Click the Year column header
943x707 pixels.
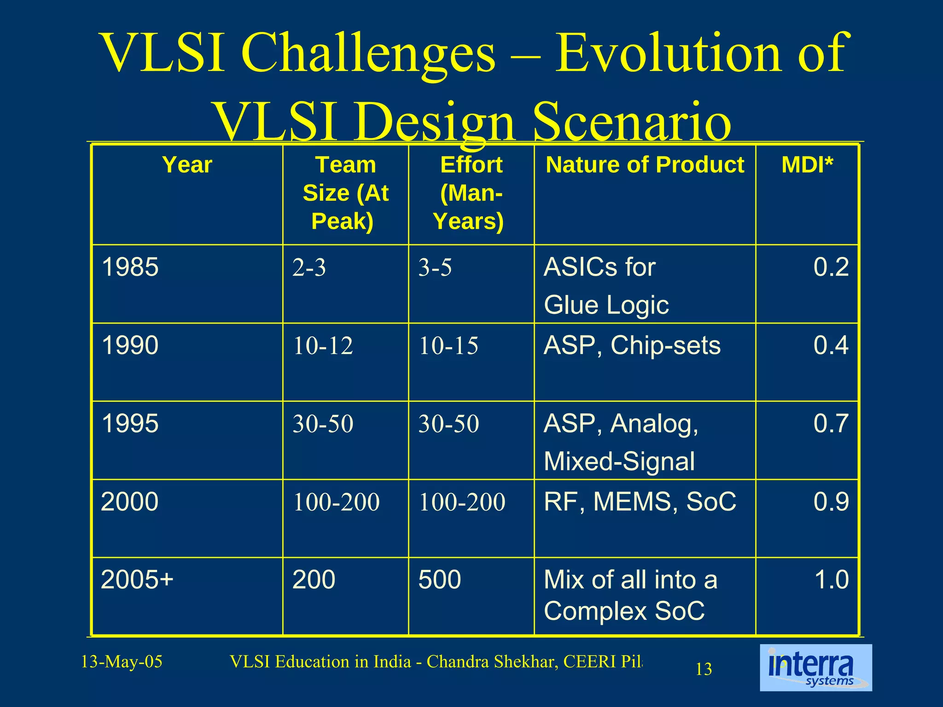(x=187, y=165)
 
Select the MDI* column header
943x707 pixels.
(x=807, y=165)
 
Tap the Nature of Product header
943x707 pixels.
(x=645, y=165)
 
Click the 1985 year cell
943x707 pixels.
(x=130, y=267)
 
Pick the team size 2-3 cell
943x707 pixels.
(x=309, y=267)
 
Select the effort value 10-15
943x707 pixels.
(x=448, y=346)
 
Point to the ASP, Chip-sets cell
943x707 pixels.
(x=632, y=345)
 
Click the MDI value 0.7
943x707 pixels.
(x=831, y=423)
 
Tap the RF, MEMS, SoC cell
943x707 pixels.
(x=640, y=502)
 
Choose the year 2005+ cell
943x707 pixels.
(x=137, y=580)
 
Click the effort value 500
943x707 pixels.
(x=439, y=580)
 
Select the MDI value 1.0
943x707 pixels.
(x=831, y=580)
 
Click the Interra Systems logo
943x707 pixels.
(x=815, y=667)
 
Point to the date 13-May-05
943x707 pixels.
(x=122, y=662)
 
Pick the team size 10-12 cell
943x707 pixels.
(x=323, y=346)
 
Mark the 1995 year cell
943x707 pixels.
(x=130, y=423)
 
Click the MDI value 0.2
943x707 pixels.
(x=831, y=267)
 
